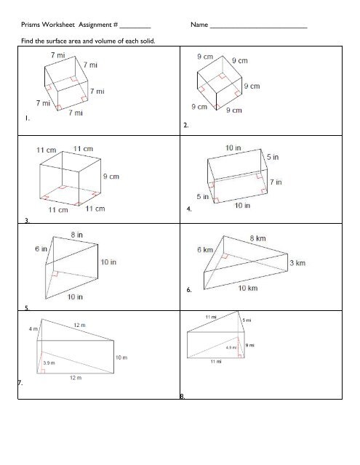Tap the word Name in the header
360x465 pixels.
coord(199,26)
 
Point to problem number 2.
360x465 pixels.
coord(186,126)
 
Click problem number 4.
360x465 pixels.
coord(189,211)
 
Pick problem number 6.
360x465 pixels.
coord(189,291)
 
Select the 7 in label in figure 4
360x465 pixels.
coord(275,182)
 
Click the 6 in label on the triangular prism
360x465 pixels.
coord(42,248)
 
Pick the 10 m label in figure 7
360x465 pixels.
coord(122,358)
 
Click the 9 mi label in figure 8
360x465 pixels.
coord(252,345)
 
